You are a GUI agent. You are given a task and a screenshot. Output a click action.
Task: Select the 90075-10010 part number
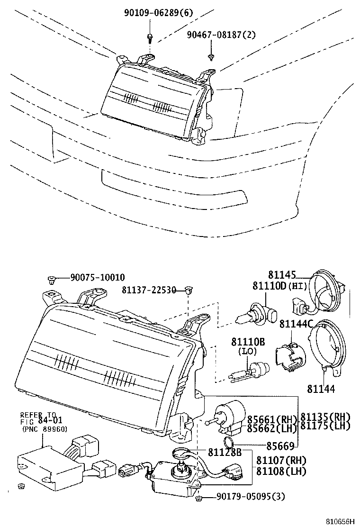click(98, 278)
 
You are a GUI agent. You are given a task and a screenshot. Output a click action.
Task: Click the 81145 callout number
click(281, 275)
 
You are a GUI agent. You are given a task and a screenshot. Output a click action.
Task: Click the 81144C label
click(297, 324)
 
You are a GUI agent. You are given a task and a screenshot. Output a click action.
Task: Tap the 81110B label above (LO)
click(248, 343)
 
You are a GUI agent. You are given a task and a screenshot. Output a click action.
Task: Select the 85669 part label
click(281, 445)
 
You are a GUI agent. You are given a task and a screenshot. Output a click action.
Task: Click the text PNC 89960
click(45, 429)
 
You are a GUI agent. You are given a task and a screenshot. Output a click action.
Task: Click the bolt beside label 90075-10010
click(52, 279)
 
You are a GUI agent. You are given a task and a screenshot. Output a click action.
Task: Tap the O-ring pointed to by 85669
click(228, 443)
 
